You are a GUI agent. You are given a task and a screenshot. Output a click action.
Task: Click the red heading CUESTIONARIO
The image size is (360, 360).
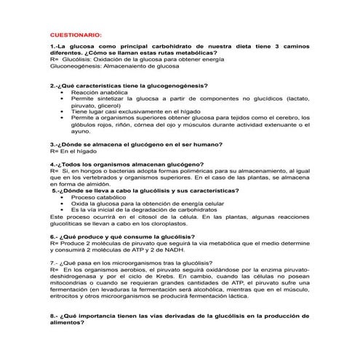(76, 35)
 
